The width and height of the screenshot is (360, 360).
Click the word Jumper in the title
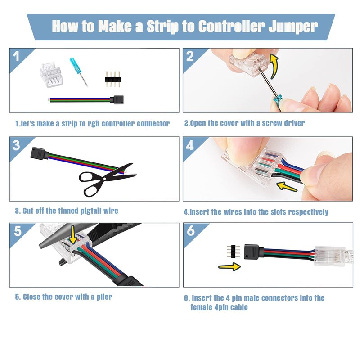tap(293, 27)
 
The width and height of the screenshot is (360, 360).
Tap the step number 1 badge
tap(16, 57)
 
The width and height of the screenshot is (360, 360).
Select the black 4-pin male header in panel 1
tap(113, 79)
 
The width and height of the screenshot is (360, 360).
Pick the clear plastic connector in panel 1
tap(50, 75)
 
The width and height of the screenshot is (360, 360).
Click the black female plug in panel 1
tap(117, 99)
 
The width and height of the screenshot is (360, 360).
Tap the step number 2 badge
tap(190, 57)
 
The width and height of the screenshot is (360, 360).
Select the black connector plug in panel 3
tap(40, 153)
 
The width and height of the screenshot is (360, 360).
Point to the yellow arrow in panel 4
tap(287, 187)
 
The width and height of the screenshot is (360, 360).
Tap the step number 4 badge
tap(190, 145)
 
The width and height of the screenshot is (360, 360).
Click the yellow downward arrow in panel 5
tap(73, 234)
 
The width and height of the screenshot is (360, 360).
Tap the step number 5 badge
tap(18, 231)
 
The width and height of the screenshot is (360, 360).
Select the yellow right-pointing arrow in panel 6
tap(229, 266)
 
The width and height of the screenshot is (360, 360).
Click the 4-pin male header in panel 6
tap(234, 252)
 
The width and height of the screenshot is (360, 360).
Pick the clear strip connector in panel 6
tap(330, 256)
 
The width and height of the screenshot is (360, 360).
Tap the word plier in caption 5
tap(104, 297)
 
